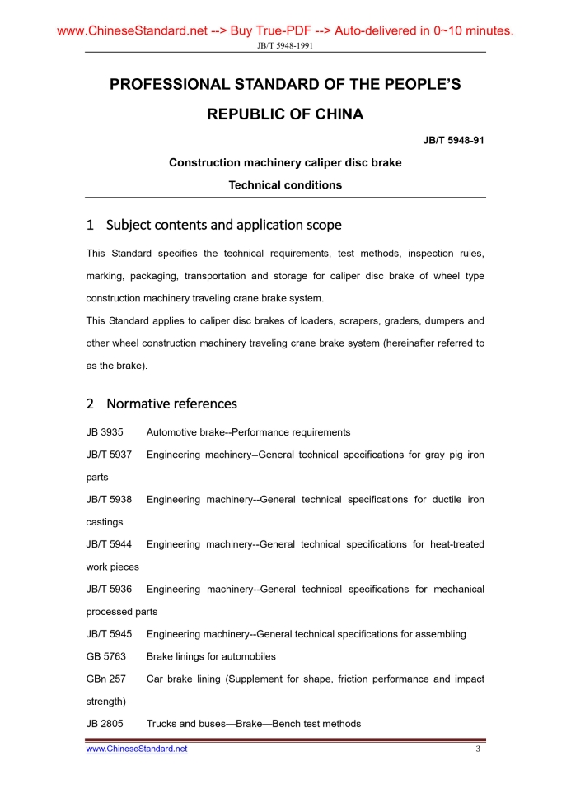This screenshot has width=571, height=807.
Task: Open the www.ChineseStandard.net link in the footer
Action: coord(137,749)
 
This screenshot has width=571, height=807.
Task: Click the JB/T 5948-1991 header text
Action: coord(285,45)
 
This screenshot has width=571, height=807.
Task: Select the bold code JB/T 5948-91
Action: coord(453,141)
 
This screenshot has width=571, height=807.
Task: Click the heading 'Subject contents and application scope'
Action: coord(223,225)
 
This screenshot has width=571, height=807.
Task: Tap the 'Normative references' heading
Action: coord(171,403)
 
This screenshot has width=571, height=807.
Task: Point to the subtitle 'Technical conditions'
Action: coord(285,185)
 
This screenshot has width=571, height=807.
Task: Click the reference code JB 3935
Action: coord(105,432)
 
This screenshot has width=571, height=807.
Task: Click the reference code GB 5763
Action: coord(105,657)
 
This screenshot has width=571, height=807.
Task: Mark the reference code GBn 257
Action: coord(105,679)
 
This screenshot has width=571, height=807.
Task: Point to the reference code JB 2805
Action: coord(105,724)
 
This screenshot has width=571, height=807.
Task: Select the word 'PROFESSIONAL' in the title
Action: coord(170,85)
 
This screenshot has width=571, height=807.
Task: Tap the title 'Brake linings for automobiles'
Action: coord(211,657)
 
